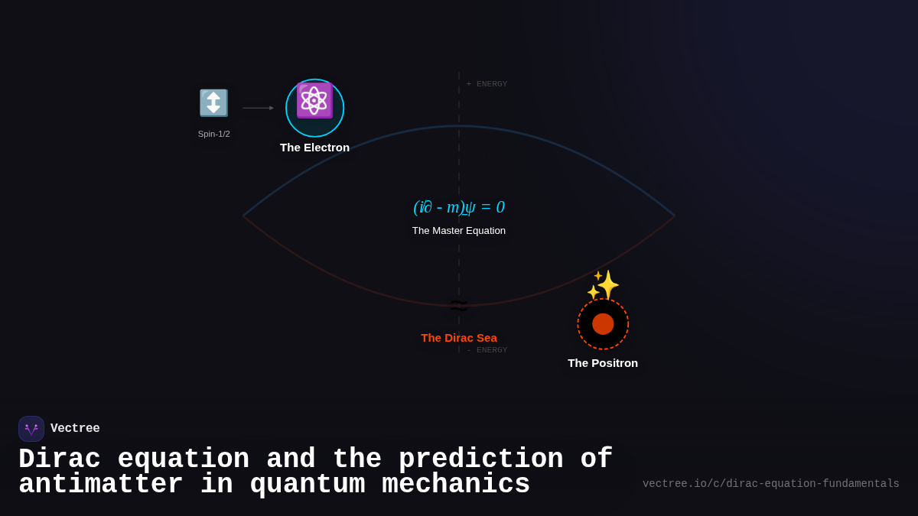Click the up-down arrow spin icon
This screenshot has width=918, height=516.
point(213,103)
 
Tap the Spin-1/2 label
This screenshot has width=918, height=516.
point(213,134)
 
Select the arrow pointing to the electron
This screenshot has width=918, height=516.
point(258,108)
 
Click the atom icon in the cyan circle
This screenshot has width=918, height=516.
point(314,101)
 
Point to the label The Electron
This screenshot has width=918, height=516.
point(314,148)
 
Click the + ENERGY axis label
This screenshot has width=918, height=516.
point(487,84)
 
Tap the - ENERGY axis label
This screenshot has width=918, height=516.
point(487,350)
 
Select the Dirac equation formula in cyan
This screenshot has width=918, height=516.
point(459,207)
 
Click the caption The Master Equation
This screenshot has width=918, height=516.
point(459,231)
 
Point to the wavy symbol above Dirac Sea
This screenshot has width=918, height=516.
point(459,305)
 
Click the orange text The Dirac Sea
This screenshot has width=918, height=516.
point(459,338)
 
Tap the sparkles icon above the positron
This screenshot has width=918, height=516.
point(604,285)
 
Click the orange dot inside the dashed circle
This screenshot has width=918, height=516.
point(603,324)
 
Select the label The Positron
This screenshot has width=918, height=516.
point(603,363)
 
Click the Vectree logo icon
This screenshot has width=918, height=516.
point(31,429)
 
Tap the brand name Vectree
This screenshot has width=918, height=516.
point(75,429)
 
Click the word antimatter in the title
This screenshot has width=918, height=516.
point(100,485)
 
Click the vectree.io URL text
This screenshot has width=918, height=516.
point(770,484)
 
